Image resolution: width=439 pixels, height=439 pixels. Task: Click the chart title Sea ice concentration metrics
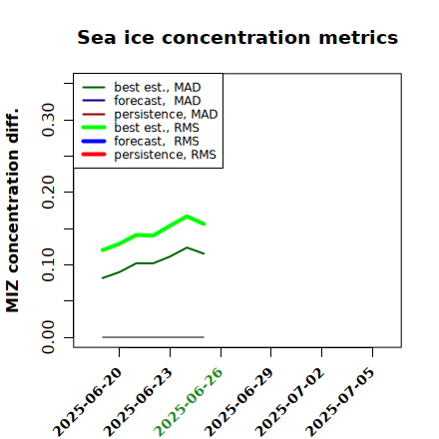(237, 37)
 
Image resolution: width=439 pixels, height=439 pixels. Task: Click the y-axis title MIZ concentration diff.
(12, 211)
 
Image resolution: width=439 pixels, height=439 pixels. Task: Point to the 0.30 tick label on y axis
(48, 120)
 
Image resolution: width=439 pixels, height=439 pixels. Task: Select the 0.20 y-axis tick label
(48, 193)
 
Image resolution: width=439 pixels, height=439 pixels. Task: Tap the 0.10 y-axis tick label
(48, 264)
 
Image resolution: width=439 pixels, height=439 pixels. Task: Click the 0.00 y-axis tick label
(48, 337)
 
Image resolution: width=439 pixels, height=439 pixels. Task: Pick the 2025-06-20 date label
(88, 402)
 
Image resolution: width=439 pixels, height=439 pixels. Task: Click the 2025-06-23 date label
(139, 402)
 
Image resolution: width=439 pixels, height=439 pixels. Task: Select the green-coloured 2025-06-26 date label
(189, 402)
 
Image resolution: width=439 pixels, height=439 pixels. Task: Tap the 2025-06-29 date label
(239, 402)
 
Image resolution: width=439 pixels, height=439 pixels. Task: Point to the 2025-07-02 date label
(290, 402)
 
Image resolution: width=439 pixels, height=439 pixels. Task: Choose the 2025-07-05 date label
(341, 402)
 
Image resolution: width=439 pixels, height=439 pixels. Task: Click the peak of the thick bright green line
(187, 217)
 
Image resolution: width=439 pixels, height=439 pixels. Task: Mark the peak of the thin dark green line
(187, 247)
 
